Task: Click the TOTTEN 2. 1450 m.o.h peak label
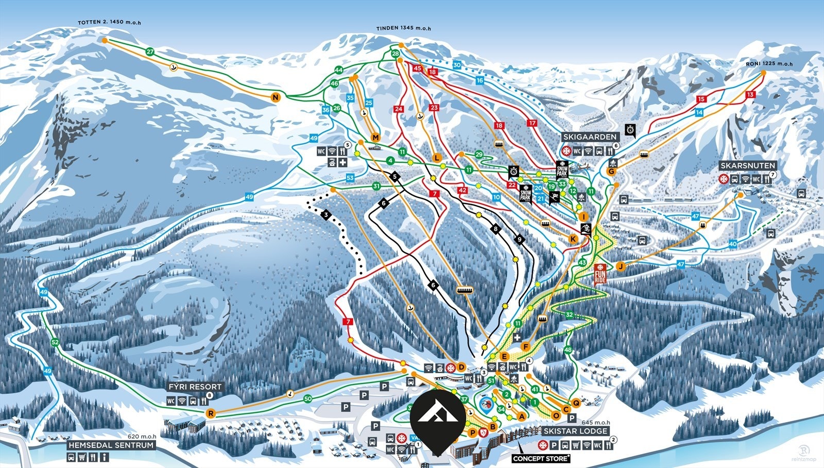click(109, 23)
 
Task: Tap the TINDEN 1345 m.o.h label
click(403, 28)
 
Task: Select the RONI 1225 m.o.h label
click(769, 64)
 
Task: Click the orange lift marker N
click(276, 97)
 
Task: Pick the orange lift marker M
click(375, 137)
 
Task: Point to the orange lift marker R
click(210, 413)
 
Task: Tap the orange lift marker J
click(621, 266)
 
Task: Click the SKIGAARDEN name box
click(590, 137)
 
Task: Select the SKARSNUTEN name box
click(747, 165)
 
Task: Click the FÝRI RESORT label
click(195, 387)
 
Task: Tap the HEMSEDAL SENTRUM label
click(111, 445)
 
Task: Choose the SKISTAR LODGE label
click(575, 431)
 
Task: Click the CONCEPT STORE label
click(541, 458)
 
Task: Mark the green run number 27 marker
click(150, 52)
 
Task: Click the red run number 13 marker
click(750, 94)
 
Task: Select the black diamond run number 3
click(326, 214)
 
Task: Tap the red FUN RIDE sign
click(600, 273)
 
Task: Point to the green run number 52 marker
click(55, 342)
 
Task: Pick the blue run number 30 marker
click(457, 65)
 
